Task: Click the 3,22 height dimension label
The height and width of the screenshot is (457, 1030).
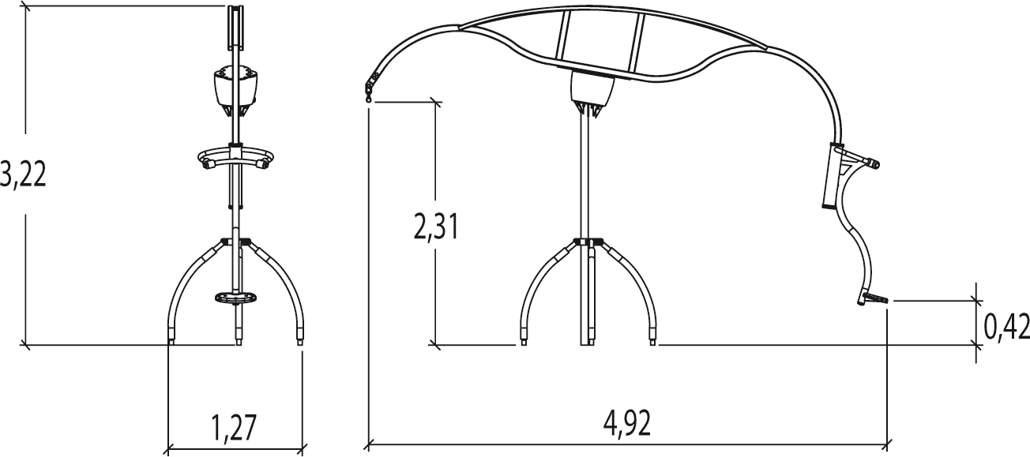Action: pos(23,174)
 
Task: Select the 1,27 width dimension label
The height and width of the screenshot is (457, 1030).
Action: pos(233,428)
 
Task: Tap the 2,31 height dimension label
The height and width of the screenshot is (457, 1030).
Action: pos(436,228)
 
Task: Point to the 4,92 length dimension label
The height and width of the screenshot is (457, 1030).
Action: pos(627,424)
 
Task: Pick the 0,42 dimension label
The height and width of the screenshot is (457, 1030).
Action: pos(1006,327)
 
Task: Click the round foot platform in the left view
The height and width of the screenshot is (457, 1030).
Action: pos(236,297)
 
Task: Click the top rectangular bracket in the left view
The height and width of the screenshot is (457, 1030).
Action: pos(236,27)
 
